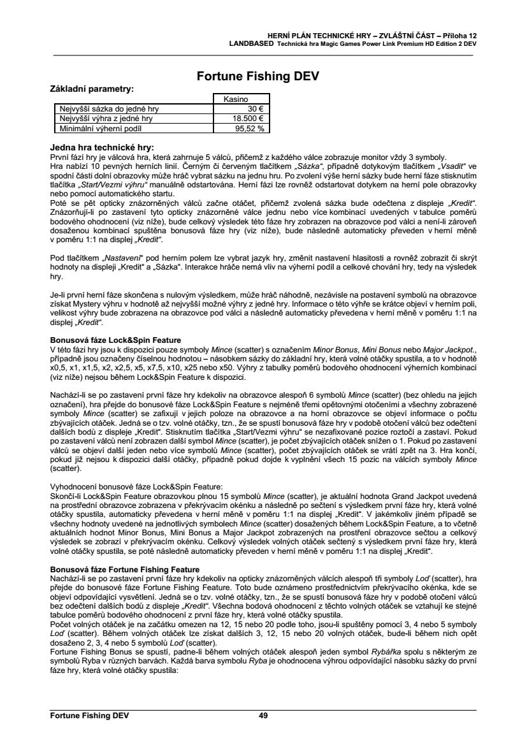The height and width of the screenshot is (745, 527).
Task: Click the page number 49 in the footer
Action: [263, 716]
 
